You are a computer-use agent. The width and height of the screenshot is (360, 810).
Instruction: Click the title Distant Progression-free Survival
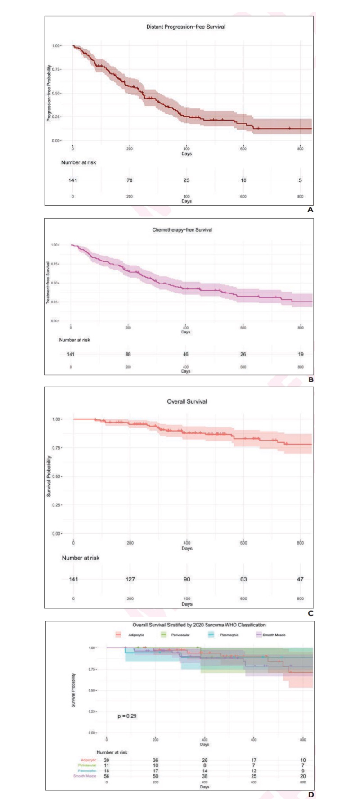[186, 27]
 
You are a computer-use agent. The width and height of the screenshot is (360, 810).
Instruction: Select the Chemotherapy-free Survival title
[182, 230]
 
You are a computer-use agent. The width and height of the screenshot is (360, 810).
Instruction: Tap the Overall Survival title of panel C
[187, 401]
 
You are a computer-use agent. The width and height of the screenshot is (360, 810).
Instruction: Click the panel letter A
[310, 210]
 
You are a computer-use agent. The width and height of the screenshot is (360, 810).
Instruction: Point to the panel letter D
[310, 795]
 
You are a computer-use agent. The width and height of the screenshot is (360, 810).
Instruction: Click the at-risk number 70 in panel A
[130, 180]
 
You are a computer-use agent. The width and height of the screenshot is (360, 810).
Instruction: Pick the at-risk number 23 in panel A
[186, 180]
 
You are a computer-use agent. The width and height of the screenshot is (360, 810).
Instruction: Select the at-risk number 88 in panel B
[128, 354]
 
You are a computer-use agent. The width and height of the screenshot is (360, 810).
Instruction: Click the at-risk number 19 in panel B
[301, 354]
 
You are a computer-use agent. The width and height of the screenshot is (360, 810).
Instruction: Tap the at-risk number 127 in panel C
[130, 579]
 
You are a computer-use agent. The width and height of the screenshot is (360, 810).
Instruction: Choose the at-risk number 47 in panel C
[300, 579]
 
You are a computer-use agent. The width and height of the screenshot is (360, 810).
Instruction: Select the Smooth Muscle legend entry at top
[274, 635]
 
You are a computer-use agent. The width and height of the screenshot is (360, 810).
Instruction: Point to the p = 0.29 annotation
[127, 715]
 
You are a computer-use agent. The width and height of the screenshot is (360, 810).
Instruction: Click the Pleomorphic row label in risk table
[87, 771]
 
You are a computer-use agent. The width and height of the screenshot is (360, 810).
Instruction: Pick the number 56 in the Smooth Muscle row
[107, 776]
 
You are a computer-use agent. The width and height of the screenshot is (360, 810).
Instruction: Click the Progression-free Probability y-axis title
[49, 94]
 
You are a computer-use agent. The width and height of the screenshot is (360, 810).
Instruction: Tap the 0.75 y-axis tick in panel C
[57, 448]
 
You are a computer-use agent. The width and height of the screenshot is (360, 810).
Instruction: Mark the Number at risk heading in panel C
[81, 558]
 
